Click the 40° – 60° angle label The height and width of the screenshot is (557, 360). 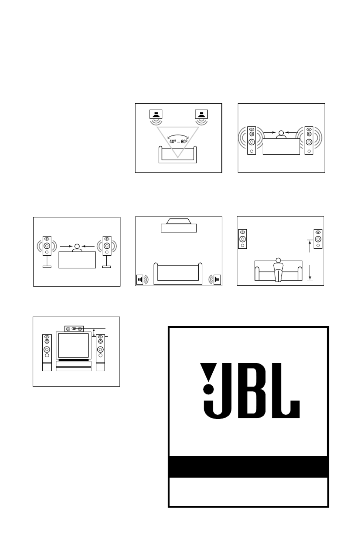(x=178, y=142)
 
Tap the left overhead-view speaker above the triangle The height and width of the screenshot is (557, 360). (x=156, y=114)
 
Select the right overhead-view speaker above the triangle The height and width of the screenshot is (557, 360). (x=201, y=114)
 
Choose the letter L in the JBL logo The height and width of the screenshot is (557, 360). (x=286, y=390)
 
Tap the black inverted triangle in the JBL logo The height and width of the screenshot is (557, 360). (x=209, y=372)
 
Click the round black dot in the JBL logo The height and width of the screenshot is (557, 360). (x=209, y=389)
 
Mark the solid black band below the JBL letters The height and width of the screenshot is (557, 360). (x=248, y=466)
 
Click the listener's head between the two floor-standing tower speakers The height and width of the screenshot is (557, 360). (x=281, y=133)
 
